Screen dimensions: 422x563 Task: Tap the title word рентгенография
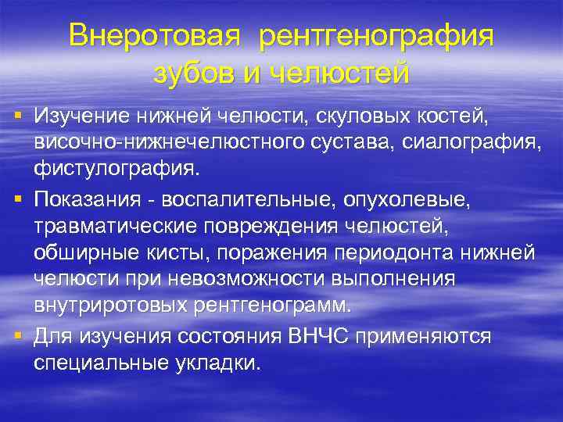tap(377, 37)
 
